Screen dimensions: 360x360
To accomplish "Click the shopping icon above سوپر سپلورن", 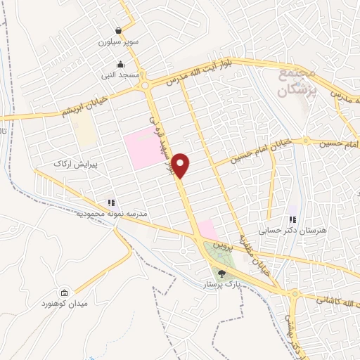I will coord(120,31).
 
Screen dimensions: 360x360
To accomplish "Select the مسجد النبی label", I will coord(121,74).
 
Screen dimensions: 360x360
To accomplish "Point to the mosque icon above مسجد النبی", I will coord(121,63).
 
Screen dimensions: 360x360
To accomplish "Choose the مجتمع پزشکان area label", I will coord(297,82).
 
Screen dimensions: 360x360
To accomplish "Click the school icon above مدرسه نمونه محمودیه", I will coord(111,202).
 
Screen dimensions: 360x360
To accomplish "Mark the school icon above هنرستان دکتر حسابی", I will coord(292,219).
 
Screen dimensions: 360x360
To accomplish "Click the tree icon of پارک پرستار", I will coord(222,274).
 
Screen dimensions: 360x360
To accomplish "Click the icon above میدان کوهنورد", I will coord(65,292).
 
